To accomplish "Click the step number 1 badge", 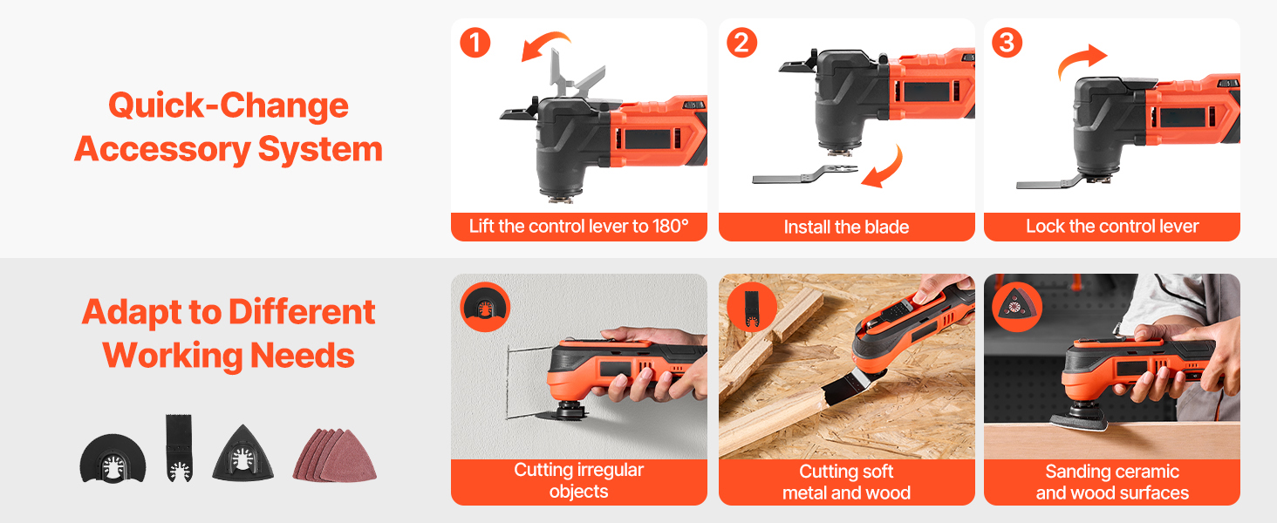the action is [475, 43].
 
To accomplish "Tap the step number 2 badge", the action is [741, 43].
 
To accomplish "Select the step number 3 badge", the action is [1007, 43].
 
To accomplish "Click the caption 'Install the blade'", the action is [846, 227].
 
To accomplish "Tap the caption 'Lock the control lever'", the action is [1112, 226].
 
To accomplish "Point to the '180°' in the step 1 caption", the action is [671, 226].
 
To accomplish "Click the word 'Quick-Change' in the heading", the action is [228, 105].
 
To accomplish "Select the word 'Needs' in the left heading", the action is [302, 355].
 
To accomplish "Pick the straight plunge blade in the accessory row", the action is [179, 448].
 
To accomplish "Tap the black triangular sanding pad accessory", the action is [242, 454].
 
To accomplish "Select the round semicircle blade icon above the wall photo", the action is [485, 307].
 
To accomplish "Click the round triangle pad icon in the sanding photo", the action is [1017, 307].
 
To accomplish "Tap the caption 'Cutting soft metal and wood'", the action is [846, 482].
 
